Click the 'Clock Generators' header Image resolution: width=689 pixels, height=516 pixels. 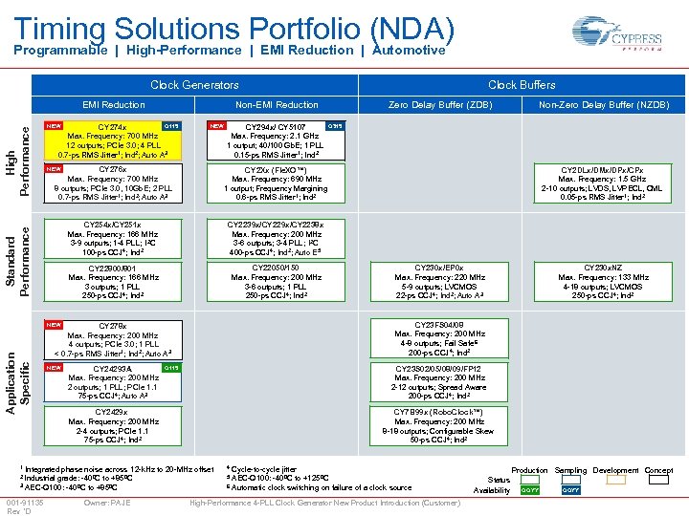[x=195, y=85]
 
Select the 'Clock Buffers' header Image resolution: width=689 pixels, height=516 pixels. [x=522, y=85]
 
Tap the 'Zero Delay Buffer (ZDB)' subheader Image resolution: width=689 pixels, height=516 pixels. [x=440, y=105]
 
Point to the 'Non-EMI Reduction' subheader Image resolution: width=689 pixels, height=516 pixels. [x=277, y=105]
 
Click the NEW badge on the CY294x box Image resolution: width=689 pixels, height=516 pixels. [x=218, y=126]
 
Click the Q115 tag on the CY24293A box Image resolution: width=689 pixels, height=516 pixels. [x=169, y=368]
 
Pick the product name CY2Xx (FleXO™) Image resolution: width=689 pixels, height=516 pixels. [x=277, y=169]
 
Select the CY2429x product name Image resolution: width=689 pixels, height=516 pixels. [x=113, y=412]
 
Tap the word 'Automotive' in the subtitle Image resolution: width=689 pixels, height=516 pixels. [x=409, y=51]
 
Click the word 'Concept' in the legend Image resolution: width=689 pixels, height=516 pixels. [x=658, y=471]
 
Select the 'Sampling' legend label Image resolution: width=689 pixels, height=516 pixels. [x=570, y=471]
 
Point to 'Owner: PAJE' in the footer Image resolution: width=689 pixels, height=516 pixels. [x=106, y=503]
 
